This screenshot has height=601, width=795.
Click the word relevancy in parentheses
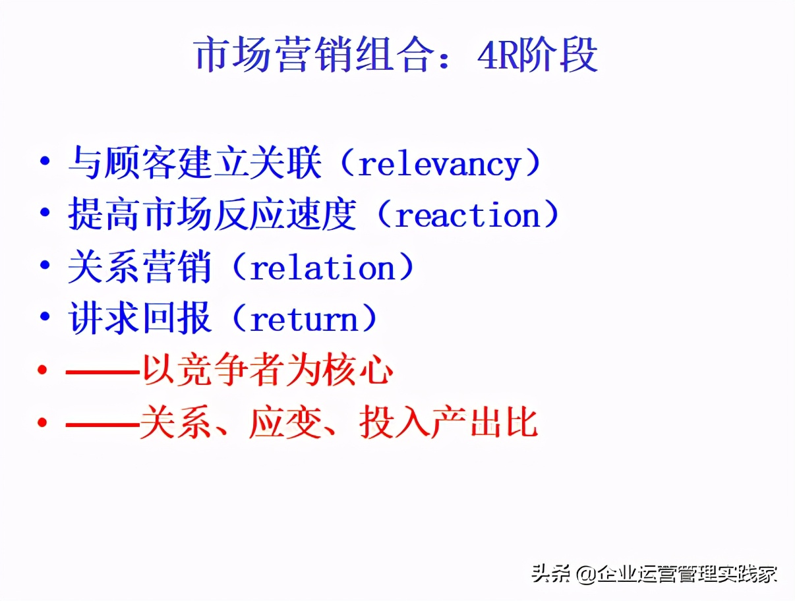(440, 165)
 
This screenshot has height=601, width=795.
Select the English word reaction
(467, 215)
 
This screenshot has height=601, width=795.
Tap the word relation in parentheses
(322, 268)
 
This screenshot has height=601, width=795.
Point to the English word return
(304, 320)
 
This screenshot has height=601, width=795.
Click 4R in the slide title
(497, 56)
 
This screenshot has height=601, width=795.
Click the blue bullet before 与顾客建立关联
(45, 161)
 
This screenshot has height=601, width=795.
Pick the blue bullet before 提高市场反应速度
(45, 213)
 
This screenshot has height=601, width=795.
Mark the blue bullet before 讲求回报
(45, 317)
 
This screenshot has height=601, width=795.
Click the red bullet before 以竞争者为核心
(42, 370)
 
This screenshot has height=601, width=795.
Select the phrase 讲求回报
(140, 318)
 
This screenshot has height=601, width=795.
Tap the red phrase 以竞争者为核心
(268, 370)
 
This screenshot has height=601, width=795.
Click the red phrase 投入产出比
(448, 422)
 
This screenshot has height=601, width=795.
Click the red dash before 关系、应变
(103, 423)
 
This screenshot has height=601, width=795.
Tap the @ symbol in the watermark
(587, 575)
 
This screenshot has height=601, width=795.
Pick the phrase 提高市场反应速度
(212, 214)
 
